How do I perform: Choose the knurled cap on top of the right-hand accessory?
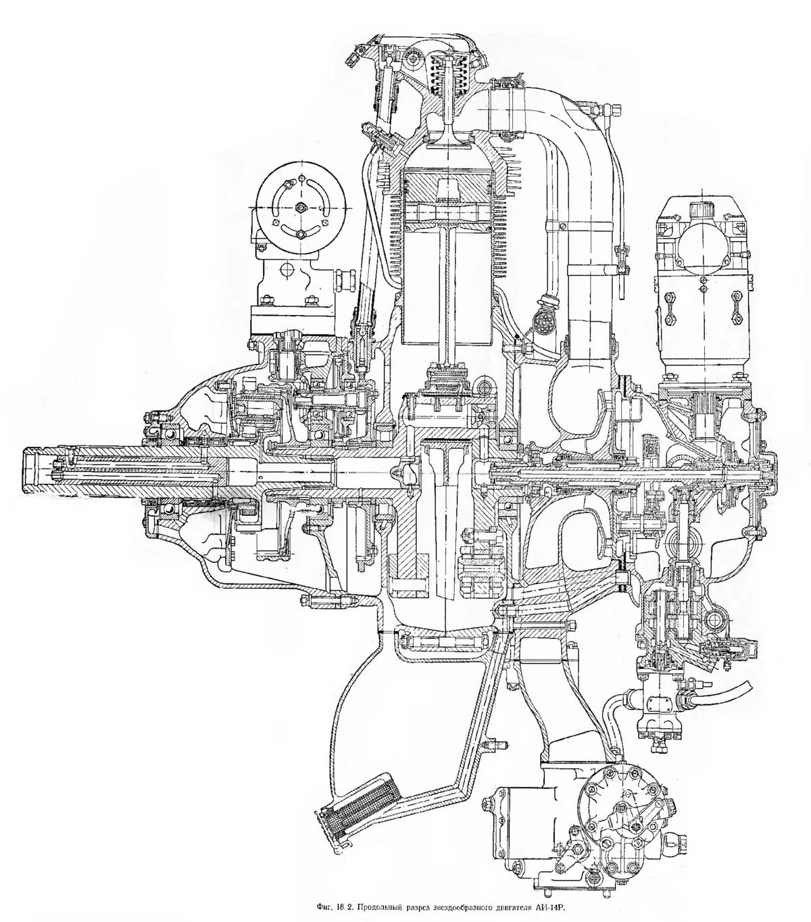click(x=701, y=212)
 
